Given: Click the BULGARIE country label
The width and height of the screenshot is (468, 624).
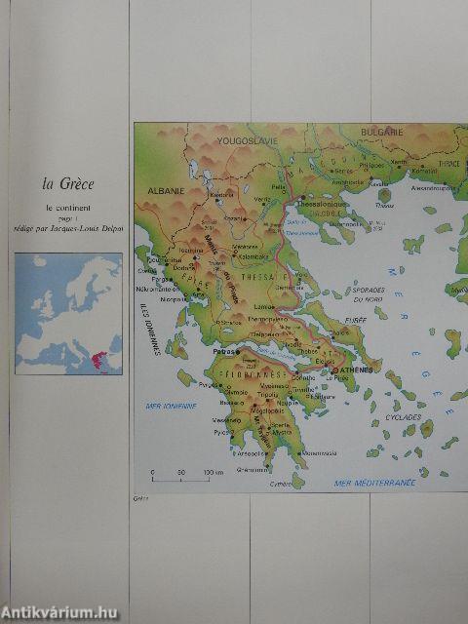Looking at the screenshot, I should tap(379, 131).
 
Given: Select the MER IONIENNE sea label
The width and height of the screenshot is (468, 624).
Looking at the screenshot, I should tap(171, 405).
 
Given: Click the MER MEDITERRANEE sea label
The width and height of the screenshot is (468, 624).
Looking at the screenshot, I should tap(375, 482).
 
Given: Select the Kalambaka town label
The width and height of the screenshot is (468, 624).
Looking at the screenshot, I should tap(241, 256).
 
